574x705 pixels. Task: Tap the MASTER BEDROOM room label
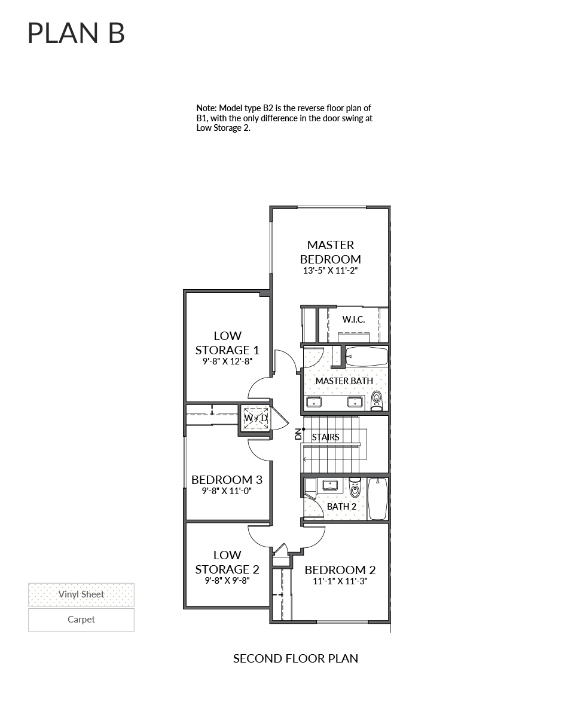click(330, 252)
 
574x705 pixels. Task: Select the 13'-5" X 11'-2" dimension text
click(330, 270)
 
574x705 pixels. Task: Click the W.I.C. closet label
click(353, 320)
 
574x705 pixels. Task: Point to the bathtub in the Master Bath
click(367, 357)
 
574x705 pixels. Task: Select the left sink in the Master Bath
click(314, 401)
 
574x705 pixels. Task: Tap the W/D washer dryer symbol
click(255, 418)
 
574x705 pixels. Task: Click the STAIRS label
click(326, 437)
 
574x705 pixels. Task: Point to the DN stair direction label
click(298, 434)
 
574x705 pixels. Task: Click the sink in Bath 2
click(329, 485)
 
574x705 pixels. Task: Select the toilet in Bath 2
click(355, 489)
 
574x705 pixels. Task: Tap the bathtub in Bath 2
click(377, 499)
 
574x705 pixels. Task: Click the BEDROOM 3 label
click(227, 480)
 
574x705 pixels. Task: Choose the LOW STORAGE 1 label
click(227, 343)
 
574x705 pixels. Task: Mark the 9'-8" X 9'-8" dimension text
click(227, 580)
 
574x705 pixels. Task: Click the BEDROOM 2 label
click(340, 570)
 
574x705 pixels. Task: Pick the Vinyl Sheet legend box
click(81, 594)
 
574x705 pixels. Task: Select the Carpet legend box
click(81, 620)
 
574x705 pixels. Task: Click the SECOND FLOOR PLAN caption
click(295, 658)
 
